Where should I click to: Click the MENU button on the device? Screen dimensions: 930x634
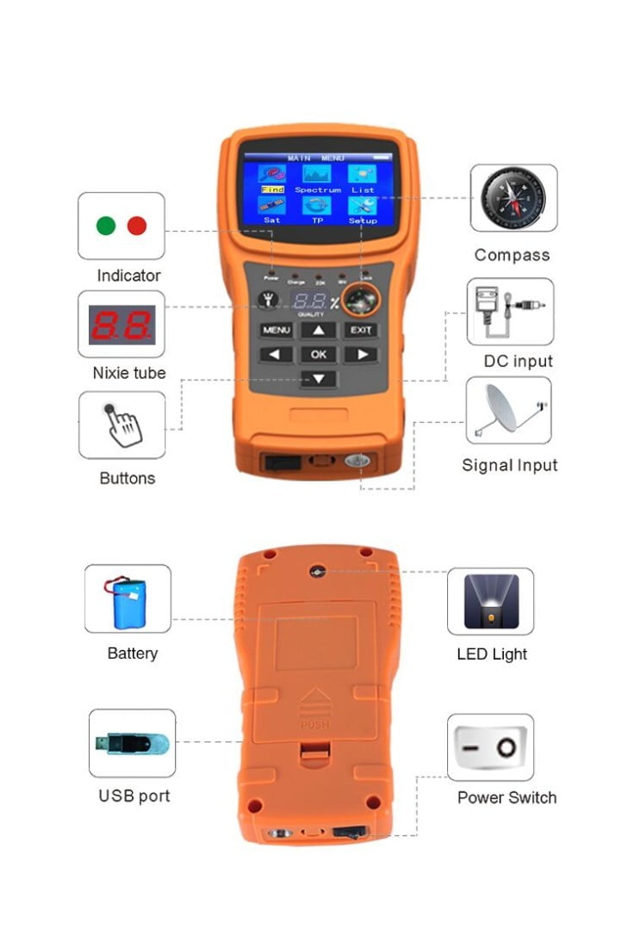coord(277,330)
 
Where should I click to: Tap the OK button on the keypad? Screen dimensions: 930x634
coord(319,354)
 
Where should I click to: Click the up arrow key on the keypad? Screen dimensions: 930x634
coord(319,330)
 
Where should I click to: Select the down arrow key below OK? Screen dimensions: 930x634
coord(319,378)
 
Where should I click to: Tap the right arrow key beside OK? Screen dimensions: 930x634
coord(362,354)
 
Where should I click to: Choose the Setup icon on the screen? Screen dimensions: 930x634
coord(363,207)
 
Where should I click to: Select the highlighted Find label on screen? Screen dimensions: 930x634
coord(272,189)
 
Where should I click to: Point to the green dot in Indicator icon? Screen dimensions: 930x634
coord(107,226)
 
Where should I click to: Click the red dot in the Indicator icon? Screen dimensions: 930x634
coord(137,226)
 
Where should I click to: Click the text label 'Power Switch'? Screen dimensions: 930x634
coord(507,797)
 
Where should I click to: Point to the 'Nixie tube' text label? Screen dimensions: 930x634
coord(129,373)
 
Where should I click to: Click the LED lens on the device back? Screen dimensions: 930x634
coord(318,571)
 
